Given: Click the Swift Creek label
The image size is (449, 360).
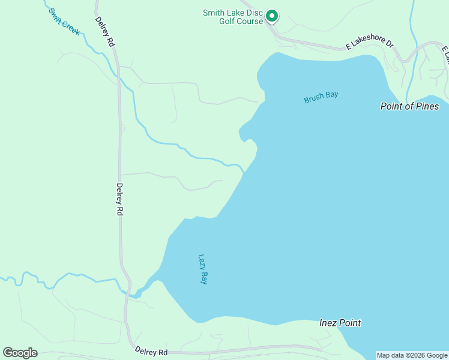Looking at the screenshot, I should point(64,22).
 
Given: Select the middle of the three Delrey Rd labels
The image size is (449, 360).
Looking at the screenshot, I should point(120,199).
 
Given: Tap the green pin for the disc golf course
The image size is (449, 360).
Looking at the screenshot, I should point(271,16).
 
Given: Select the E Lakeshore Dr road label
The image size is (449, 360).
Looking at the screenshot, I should point(369,44).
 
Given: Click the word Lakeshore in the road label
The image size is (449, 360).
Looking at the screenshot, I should point(368,44).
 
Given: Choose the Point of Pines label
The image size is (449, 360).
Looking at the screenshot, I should point(410,106).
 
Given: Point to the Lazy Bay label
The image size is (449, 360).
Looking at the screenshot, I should point(202,269).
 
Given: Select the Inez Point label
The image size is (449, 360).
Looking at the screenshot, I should point(340,323).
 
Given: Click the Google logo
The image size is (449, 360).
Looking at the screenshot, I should point(20,353).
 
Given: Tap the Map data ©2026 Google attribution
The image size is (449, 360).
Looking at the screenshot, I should point(412,355).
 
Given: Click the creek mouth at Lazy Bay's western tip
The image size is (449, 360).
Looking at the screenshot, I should point(137,293).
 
